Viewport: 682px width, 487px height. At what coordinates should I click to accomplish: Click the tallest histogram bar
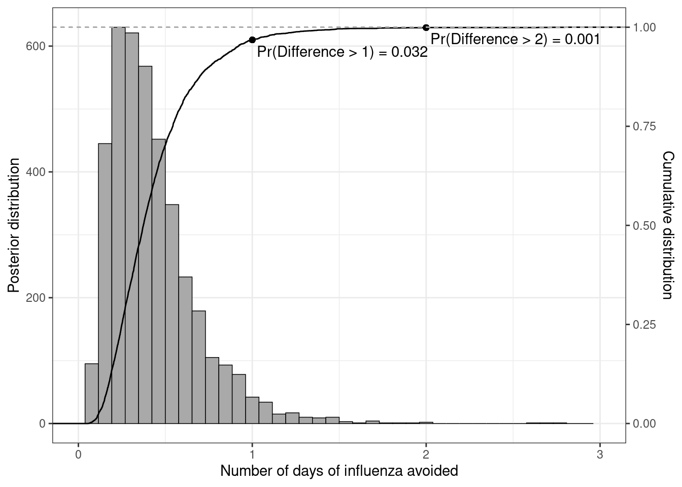tap(118, 223)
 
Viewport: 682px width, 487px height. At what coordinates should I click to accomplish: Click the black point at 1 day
tap(252, 40)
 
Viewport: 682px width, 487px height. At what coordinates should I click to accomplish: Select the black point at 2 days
tap(426, 27)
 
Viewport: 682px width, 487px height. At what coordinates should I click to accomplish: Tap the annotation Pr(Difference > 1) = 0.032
tap(342, 52)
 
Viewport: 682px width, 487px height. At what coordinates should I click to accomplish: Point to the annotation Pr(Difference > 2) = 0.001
tap(515, 40)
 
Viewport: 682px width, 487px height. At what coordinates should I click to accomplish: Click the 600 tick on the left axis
tap(40, 46)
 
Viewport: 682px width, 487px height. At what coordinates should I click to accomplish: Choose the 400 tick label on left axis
tap(40, 172)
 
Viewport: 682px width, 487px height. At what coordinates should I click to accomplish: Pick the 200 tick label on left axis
tap(40, 298)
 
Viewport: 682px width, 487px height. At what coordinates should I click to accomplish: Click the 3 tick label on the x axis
tap(600, 454)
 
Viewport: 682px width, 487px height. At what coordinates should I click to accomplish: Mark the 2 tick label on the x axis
tap(426, 454)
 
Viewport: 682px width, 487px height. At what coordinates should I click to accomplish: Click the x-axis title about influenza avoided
tap(339, 471)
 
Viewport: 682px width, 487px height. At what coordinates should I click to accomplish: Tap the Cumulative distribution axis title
tap(669, 225)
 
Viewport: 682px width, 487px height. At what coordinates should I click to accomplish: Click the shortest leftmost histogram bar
tap(91, 394)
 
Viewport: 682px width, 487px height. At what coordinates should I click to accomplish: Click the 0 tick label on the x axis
tap(78, 454)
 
